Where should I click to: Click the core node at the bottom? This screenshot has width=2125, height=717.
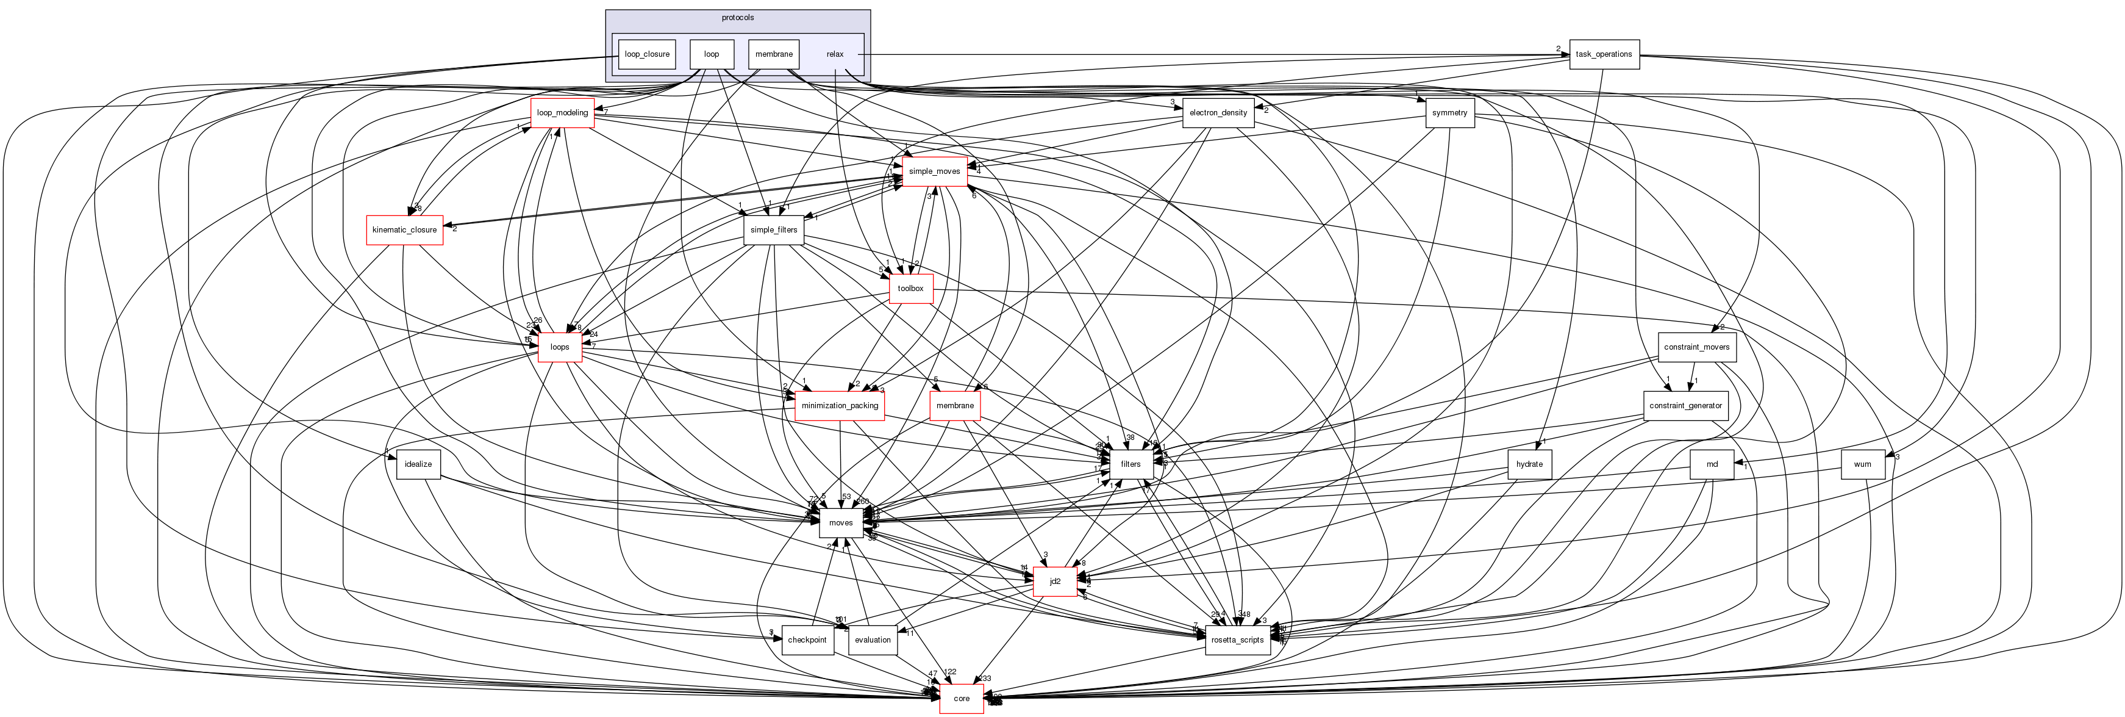961,698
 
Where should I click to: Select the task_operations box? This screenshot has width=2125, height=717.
1604,54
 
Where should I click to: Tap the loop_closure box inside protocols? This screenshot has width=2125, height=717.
647,54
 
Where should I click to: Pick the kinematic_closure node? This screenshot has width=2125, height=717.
404,229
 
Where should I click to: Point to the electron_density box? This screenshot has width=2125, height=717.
1218,112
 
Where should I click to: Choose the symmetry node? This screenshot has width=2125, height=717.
1449,112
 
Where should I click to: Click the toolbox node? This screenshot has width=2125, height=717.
911,288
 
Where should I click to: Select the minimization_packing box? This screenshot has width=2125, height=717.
839,405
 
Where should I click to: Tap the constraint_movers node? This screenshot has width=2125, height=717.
1696,347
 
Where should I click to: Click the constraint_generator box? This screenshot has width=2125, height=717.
1685,405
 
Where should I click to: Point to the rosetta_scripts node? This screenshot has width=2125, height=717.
1237,640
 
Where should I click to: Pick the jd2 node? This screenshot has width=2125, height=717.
1054,581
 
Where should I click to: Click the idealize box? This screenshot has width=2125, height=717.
418,464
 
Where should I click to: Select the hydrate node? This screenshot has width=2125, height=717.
1529,464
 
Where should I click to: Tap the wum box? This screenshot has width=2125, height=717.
1862,464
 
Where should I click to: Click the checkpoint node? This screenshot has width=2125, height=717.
807,640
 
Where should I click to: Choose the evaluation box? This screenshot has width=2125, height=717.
873,640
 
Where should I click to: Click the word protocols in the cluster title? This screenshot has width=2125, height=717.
737,17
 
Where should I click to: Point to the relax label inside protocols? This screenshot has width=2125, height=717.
835,54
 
